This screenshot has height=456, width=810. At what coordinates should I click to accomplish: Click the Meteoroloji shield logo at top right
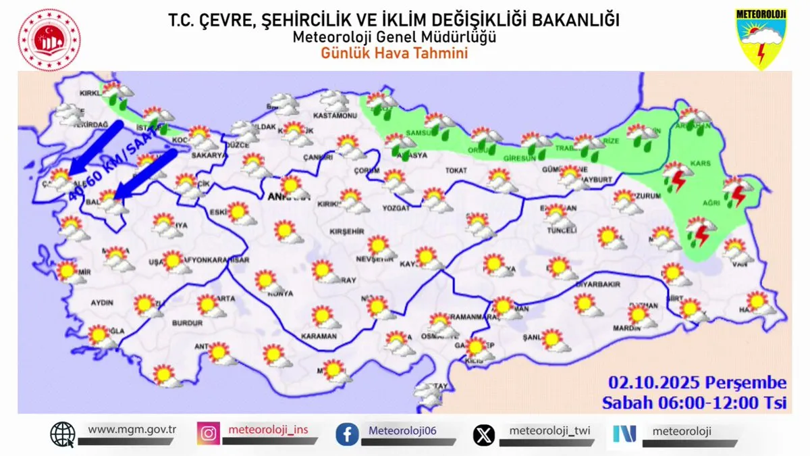coord(762,39)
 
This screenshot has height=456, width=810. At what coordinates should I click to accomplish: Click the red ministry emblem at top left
coord(49,40)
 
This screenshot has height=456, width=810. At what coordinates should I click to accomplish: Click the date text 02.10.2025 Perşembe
coord(697,384)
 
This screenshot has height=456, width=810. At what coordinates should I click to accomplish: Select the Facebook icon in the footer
coord(347,434)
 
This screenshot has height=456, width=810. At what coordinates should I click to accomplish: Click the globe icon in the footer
coord(63,434)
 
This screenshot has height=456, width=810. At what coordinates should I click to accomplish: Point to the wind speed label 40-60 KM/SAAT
coord(111,166)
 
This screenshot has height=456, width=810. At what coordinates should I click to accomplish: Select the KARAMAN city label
coord(319,336)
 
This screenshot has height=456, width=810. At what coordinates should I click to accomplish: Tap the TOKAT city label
coord(456,172)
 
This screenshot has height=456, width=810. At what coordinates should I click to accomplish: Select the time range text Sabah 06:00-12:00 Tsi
coord(695,403)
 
